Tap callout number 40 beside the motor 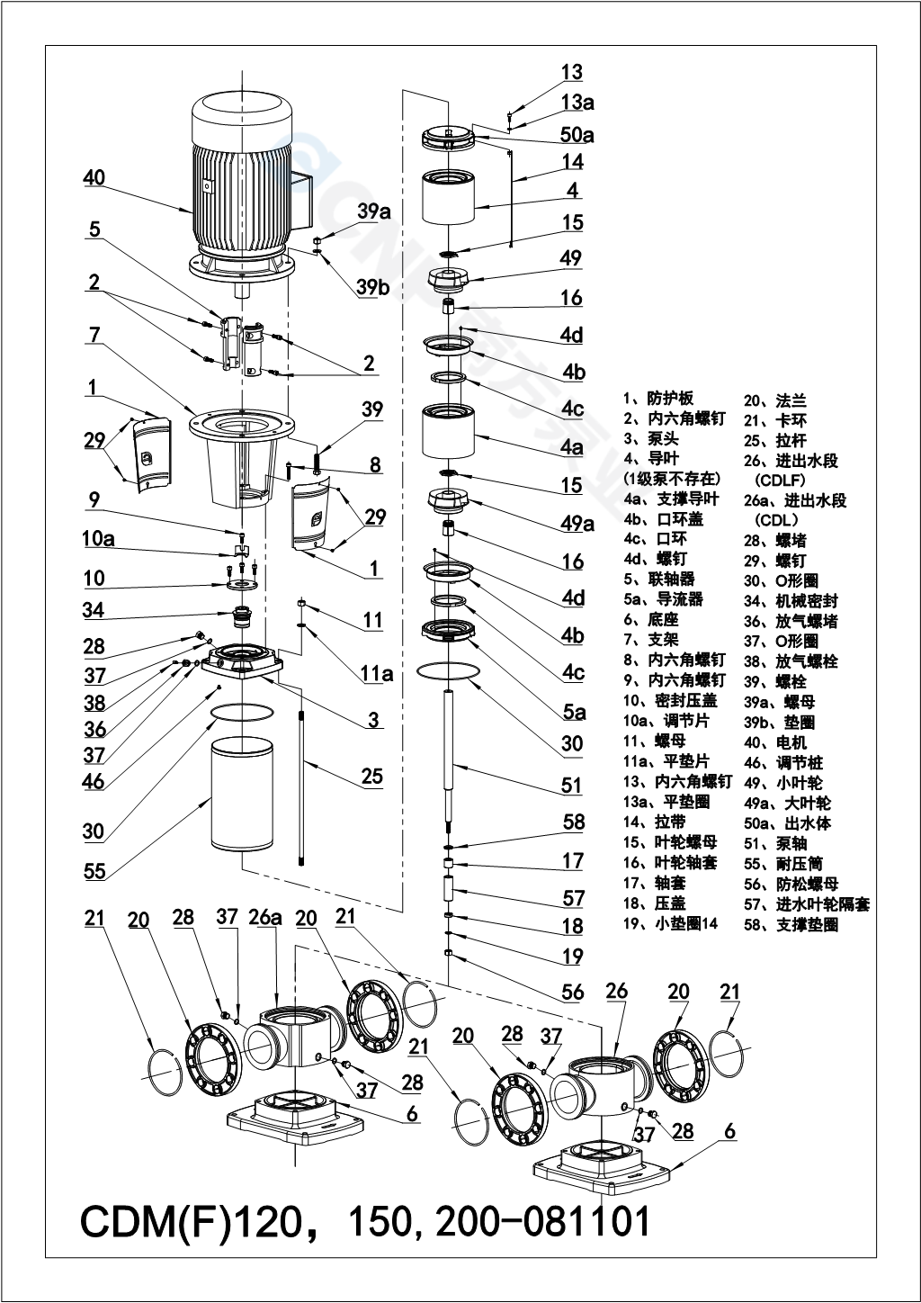point(94,178)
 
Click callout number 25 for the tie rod point(371,777)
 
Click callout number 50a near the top point(577,135)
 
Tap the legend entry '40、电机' point(775,742)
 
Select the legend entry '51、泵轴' point(775,843)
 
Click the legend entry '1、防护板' point(658,399)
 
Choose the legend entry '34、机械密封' point(791,601)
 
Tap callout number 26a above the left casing point(265,918)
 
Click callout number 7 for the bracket point(94,335)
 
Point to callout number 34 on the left point(94,610)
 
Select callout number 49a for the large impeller point(577,524)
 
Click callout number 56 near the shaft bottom point(573,993)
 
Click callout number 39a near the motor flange point(373,211)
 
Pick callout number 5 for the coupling point(94,229)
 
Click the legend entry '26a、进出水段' point(795,500)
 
